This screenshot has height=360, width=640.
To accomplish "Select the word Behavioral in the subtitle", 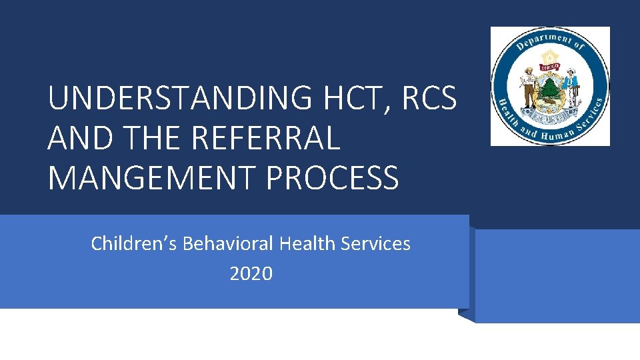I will (x=227, y=244).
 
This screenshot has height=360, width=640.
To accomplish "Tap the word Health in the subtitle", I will (x=307, y=244).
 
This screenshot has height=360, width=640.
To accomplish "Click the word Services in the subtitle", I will (x=375, y=244).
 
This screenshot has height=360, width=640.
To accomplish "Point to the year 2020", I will (x=251, y=273).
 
